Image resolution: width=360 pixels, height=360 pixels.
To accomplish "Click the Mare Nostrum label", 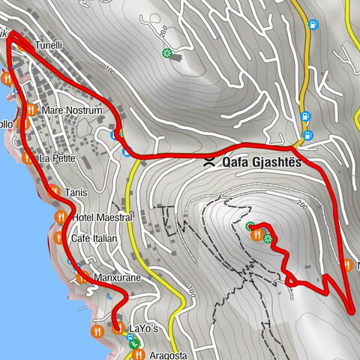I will click(x=72, y=110).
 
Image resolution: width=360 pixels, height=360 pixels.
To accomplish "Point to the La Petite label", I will click(x=58, y=158).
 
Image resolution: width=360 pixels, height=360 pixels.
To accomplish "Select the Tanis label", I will click(x=76, y=193).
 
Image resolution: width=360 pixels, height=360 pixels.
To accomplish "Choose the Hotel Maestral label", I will click(x=103, y=217).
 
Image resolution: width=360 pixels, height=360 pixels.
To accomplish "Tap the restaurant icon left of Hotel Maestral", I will click(x=61, y=217).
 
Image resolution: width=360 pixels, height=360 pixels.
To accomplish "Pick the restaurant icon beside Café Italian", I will click(x=59, y=238).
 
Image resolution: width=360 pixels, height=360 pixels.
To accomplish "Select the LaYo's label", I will click(x=145, y=328).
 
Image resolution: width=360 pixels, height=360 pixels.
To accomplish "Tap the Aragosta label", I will click(x=167, y=352).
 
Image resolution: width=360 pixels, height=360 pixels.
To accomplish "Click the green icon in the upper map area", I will click(x=166, y=53).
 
